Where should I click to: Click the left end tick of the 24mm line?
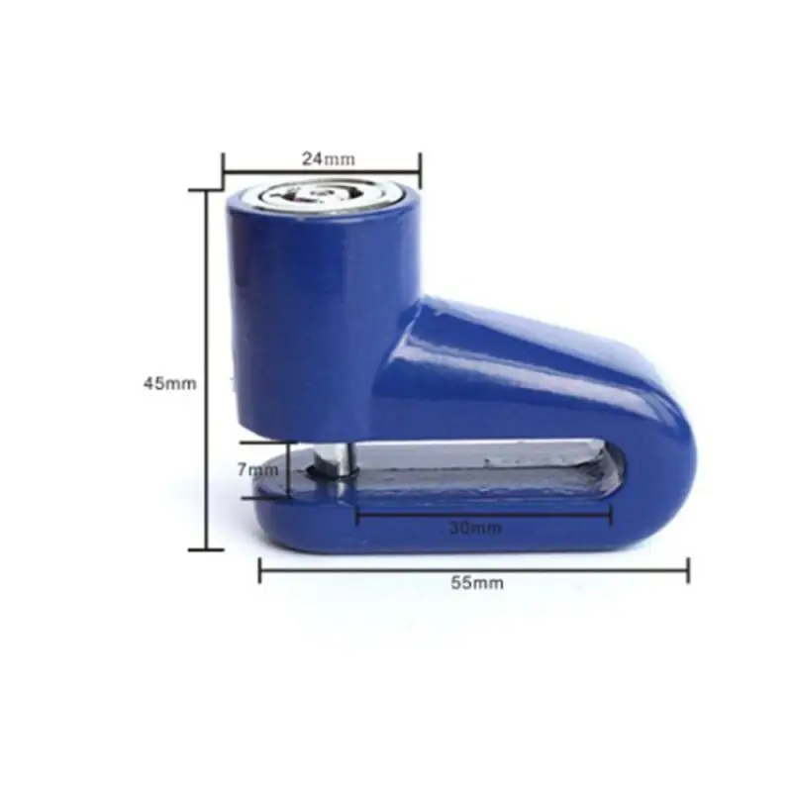(x=224, y=169)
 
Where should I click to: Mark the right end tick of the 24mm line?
(x=420, y=169)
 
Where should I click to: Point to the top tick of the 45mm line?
(x=206, y=190)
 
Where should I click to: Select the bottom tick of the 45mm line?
(x=206, y=548)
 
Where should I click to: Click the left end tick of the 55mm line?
(x=259, y=570)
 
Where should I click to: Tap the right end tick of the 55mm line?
(x=688, y=570)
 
